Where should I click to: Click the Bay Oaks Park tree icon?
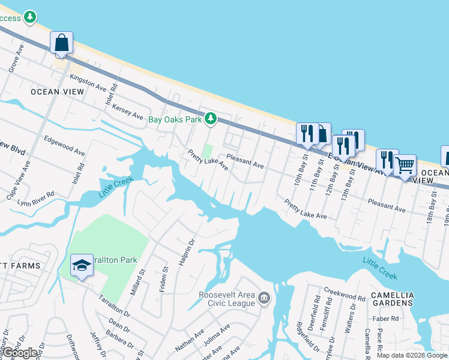[210, 119]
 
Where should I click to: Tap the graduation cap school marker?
[82, 265]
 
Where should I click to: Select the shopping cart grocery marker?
[405, 164]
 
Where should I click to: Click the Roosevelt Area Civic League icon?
[263, 298]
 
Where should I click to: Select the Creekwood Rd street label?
[345, 294]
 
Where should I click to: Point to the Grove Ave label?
[16, 58]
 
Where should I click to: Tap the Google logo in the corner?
[20, 353]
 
